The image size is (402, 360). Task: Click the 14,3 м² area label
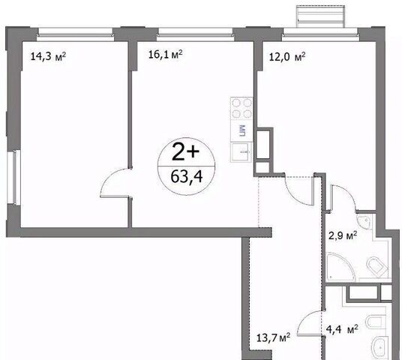pyautogui.click(x=48, y=56)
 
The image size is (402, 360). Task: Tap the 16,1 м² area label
pyautogui.click(x=165, y=55)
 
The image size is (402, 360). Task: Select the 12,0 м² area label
pyautogui.click(x=287, y=57)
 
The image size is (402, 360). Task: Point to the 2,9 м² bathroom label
pyautogui.click(x=343, y=235)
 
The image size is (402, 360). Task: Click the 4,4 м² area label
pyautogui.click(x=342, y=329)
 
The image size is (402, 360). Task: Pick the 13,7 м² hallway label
pyautogui.click(x=273, y=337)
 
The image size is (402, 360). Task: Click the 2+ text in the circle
pyautogui.click(x=186, y=151)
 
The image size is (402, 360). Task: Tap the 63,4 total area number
pyautogui.click(x=187, y=177)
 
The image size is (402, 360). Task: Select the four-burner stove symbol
pyautogui.click(x=241, y=108)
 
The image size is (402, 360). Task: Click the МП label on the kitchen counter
pyautogui.click(x=241, y=130)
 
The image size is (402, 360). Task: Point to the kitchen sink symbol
pyautogui.click(x=241, y=152)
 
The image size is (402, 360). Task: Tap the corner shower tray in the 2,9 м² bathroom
pyautogui.click(x=339, y=266)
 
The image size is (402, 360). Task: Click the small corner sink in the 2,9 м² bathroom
pyautogui.click(x=364, y=221)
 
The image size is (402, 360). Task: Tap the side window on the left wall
pyautogui.click(x=13, y=177)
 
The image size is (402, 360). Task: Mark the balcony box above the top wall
pyautogui.click(x=320, y=16)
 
